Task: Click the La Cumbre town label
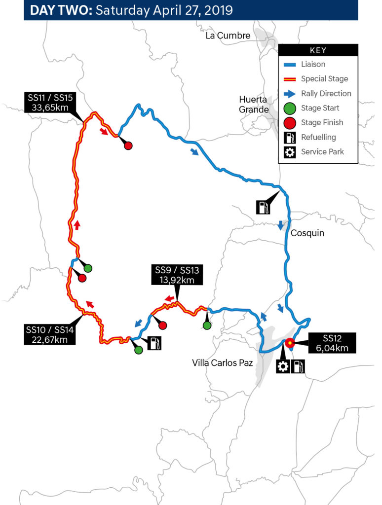coord(228,36)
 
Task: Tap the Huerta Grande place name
coord(254,105)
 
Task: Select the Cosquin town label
coord(307,233)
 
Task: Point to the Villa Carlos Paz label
coord(223,363)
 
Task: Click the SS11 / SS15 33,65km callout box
coord(50,103)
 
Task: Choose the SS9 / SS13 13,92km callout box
coord(177,275)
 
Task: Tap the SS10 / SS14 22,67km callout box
coord(50,334)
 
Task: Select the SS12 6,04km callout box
coord(332,343)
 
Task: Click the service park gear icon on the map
coord(283,366)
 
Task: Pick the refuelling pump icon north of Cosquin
coord(263,207)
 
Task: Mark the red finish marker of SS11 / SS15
coord(128,145)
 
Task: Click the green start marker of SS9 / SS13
coord(207,325)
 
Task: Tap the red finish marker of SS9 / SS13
coord(163,325)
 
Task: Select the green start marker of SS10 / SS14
coord(139,350)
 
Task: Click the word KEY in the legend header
coord(318,51)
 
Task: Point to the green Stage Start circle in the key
coord(290,108)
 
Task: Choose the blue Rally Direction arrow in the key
coord(290,94)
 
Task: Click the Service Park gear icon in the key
coord(290,152)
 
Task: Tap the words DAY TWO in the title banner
coord(61,10)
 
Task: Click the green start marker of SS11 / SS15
coord(88,268)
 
